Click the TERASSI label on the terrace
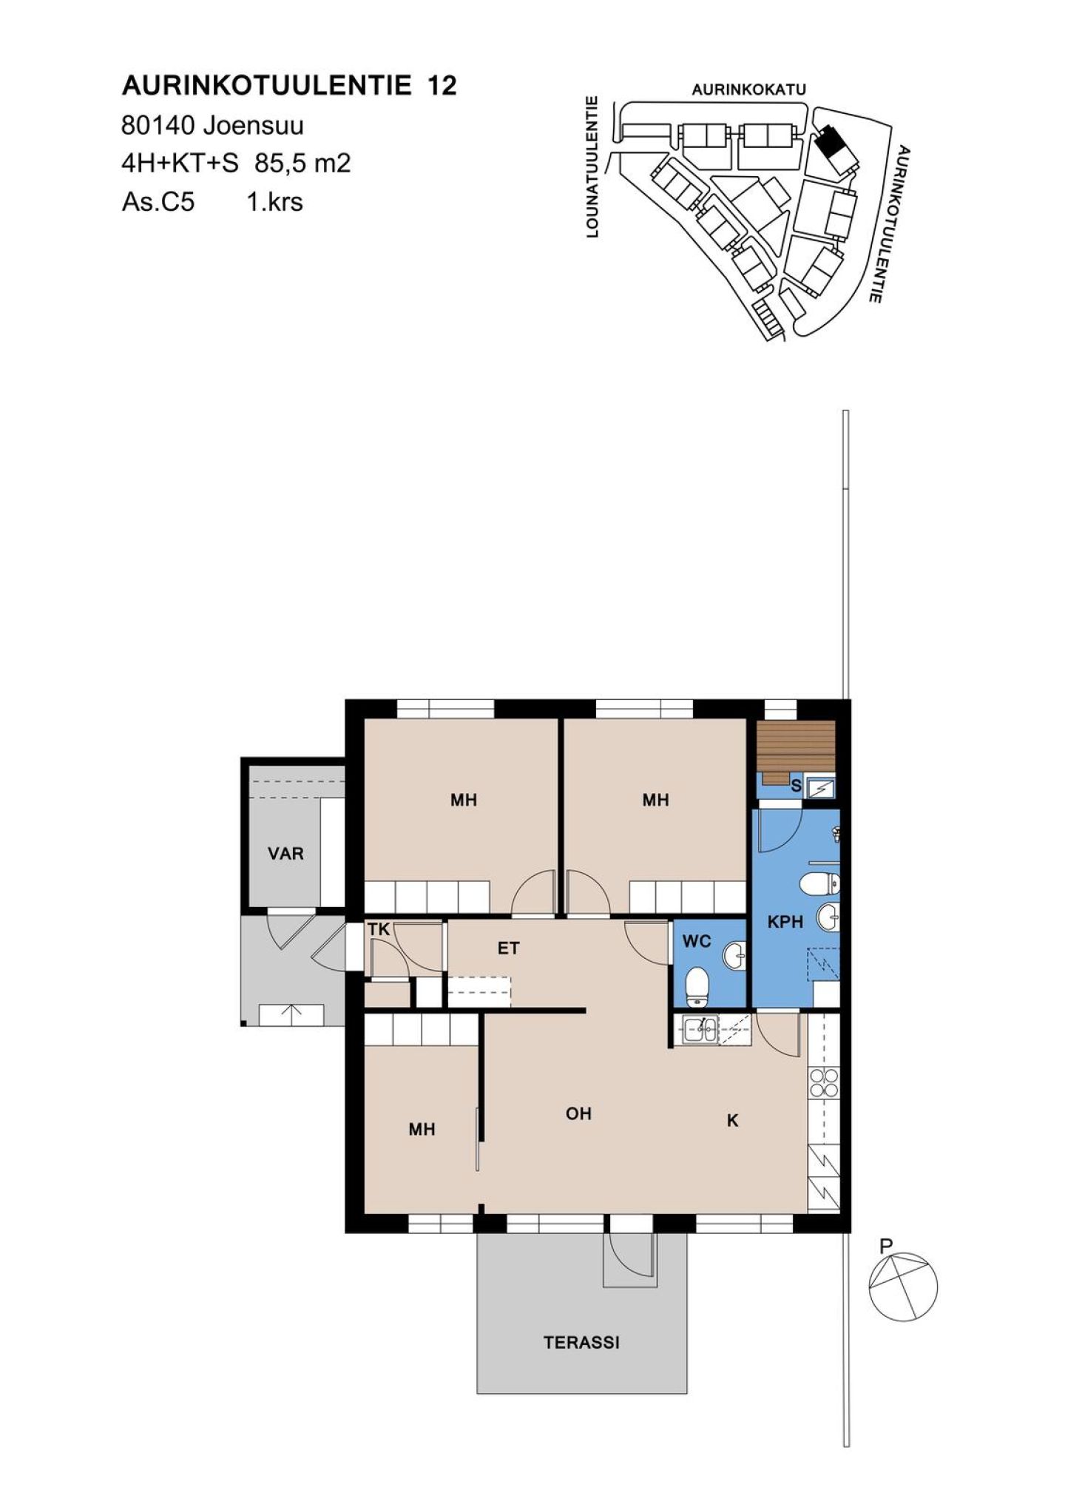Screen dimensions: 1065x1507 coord(581,1342)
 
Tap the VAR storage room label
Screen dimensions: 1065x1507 coord(285,854)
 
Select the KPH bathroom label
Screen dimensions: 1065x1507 coord(785,922)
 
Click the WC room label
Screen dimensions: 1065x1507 coord(697,941)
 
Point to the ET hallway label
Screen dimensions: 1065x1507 coord(508,948)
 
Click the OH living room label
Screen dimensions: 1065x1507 coord(578,1113)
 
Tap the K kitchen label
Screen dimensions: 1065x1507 coord(732,1121)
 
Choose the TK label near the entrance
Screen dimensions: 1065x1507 coord(379,930)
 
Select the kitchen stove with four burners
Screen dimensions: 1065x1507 coord(824,1084)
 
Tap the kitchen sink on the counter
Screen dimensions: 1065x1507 coord(700,1029)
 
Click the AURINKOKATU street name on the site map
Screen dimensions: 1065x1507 coord(748,90)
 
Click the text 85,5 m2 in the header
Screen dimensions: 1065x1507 coord(302,163)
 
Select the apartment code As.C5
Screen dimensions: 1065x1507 coord(158,201)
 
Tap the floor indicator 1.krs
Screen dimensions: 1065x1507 coord(274,201)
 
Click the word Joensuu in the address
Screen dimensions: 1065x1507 coord(254,126)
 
